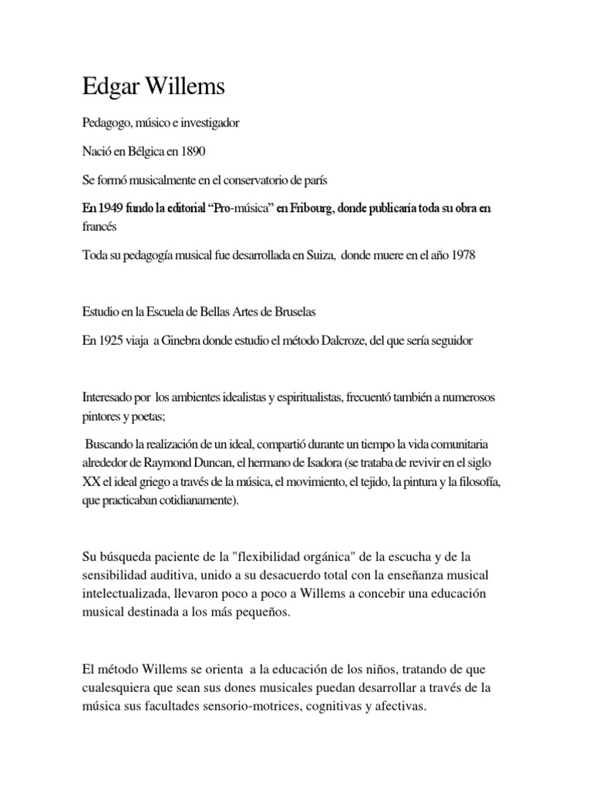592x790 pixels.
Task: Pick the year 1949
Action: point(111,209)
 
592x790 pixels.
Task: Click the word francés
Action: point(100,228)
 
